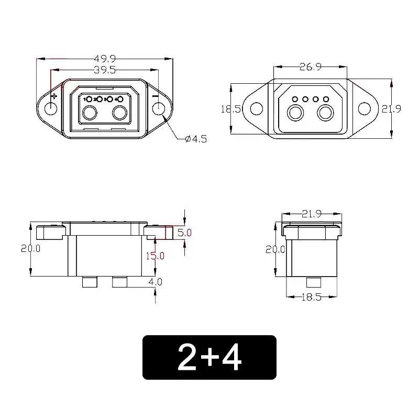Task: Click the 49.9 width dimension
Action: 104,58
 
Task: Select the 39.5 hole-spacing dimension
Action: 104,70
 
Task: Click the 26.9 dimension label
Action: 310,67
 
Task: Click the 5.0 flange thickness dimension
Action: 185,232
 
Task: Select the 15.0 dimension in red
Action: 155,256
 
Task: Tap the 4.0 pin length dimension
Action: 156,281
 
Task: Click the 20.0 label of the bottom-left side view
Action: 30,249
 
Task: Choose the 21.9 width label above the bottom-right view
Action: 312,214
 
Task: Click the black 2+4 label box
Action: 209,357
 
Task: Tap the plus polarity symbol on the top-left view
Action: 54,96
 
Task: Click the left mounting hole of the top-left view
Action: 51,109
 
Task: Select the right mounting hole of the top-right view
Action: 365,108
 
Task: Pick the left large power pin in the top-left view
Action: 89,113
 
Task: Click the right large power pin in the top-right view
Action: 327,113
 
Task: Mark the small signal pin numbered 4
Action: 120,99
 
